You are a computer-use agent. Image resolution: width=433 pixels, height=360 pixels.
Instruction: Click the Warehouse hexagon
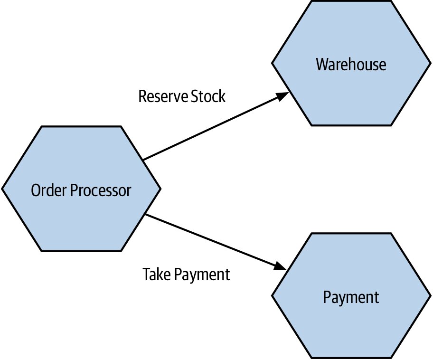(x=351, y=63)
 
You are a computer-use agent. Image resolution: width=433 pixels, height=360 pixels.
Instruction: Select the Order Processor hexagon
(x=81, y=189)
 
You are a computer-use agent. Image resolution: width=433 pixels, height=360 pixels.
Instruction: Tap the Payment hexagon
(x=351, y=295)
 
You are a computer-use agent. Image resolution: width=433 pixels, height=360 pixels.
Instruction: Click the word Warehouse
(x=351, y=65)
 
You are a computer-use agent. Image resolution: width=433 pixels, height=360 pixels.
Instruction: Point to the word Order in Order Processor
(x=49, y=190)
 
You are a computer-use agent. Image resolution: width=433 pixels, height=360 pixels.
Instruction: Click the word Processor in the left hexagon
(x=101, y=190)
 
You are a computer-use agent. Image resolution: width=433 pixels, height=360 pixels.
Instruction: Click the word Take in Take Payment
(x=157, y=274)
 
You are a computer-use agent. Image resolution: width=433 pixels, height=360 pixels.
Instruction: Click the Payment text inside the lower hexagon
(x=351, y=298)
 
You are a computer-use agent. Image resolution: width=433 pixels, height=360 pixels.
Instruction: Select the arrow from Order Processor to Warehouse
(x=216, y=126)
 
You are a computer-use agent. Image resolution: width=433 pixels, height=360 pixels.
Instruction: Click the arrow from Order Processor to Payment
(x=216, y=242)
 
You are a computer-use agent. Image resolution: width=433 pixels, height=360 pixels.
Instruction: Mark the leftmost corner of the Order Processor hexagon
(x=2, y=189)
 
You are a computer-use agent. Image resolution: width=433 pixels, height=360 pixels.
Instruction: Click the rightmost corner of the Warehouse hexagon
(x=431, y=63)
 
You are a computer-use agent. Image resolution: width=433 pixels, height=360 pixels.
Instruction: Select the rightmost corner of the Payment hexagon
(x=431, y=295)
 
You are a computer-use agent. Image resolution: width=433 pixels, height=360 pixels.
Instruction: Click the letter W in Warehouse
(x=322, y=65)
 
